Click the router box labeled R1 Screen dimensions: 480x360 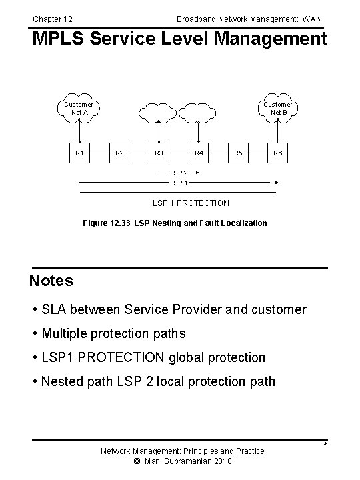(79, 153)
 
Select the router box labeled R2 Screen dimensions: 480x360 (119, 153)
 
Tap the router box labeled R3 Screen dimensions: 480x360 (159, 153)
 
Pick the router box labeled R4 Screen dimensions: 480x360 (199, 153)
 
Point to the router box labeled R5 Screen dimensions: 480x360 (238, 153)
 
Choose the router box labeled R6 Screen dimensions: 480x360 (278, 153)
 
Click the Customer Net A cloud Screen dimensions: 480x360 (79, 108)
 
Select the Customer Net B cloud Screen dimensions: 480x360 (278, 108)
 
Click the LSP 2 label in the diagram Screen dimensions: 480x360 (179, 173)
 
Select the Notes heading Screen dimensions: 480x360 (51, 281)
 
